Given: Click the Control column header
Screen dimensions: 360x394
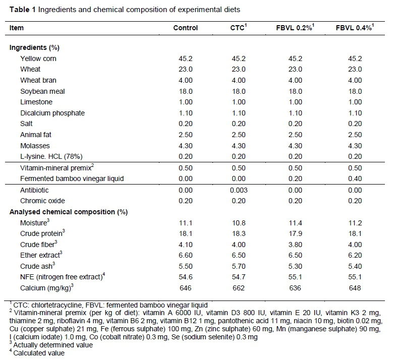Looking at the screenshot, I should point(185,28).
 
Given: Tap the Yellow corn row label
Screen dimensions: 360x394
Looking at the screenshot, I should point(38,58).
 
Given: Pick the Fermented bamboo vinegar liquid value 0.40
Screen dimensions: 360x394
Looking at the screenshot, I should point(355,178).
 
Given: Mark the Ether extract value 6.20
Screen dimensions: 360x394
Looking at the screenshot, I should point(355,256).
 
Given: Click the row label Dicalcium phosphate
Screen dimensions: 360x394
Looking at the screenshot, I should point(52,113).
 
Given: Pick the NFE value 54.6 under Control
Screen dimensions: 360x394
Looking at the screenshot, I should point(185,277).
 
